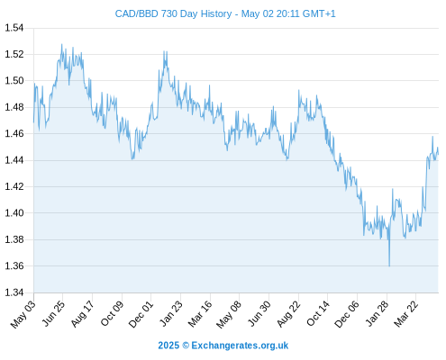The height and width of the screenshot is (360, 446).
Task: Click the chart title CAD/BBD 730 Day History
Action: click(173, 13)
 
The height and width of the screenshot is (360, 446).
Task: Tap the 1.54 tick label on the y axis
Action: click(14, 28)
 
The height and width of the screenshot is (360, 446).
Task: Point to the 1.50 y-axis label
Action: click(14, 81)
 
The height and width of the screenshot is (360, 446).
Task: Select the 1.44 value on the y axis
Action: click(14, 160)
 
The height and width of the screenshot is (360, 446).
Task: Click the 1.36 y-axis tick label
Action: click(14, 265)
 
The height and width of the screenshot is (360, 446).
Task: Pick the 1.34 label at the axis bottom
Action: click(14, 292)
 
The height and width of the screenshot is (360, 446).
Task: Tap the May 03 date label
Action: click(23, 314)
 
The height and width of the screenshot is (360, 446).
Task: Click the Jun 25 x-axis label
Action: click(53, 313)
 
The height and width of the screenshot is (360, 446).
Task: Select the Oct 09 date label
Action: click(112, 313)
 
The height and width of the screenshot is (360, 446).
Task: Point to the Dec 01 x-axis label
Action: click(141, 314)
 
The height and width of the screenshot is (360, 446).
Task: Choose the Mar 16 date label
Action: click(200, 314)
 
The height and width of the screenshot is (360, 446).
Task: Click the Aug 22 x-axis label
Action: click(288, 314)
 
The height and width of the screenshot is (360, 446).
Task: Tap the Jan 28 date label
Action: click(377, 313)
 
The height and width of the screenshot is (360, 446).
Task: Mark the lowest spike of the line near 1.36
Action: click(389, 265)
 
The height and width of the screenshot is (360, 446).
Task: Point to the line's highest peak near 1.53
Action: click(62, 44)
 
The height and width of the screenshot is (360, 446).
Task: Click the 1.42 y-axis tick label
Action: click(14, 186)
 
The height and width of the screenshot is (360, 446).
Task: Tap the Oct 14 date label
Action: click(318, 313)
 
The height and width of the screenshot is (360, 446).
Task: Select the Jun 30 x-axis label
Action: click(259, 314)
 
